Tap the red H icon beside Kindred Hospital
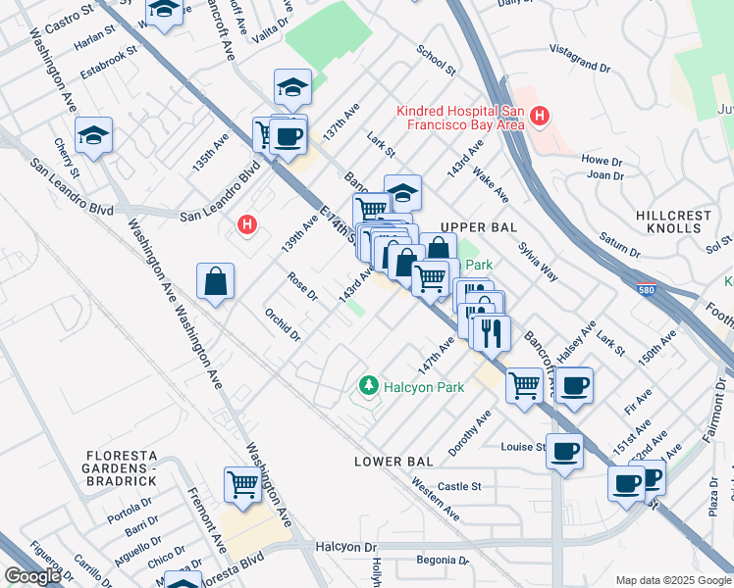(x=538, y=119)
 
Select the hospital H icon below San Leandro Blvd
(x=248, y=226)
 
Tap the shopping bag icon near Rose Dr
(x=215, y=282)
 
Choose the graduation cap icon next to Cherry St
(x=93, y=134)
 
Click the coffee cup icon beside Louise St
(x=564, y=451)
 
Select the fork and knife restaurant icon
(x=491, y=332)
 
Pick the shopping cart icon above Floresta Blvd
(x=242, y=483)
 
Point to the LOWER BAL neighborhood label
(x=393, y=462)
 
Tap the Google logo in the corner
(x=32, y=576)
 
